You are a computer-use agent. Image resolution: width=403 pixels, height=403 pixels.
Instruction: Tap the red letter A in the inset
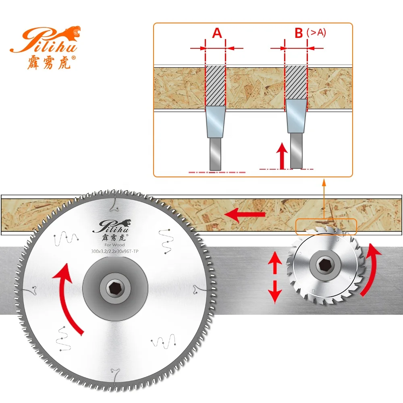[217, 33]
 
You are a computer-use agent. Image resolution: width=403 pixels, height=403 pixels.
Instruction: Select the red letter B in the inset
[299, 33]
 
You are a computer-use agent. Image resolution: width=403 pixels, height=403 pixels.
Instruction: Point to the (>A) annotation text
[316, 32]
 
